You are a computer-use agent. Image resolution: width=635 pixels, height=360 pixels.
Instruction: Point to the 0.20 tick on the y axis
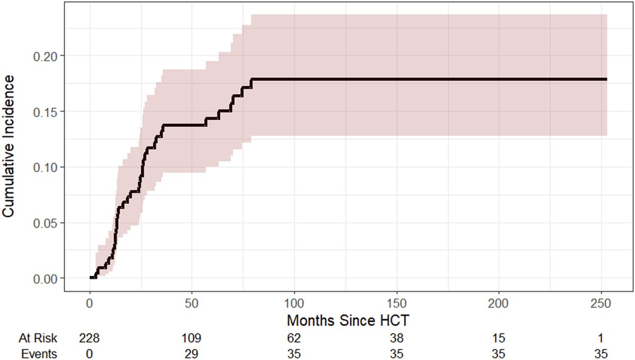tap(48, 56)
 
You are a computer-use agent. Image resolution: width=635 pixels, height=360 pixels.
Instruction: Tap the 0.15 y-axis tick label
tap(48, 111)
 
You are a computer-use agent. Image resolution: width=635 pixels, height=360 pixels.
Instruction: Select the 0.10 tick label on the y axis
tap(48, 167)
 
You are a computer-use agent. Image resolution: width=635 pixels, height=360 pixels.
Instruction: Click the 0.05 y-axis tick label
tap(48, 222)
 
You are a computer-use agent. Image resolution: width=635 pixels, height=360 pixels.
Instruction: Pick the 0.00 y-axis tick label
tap(48, 278)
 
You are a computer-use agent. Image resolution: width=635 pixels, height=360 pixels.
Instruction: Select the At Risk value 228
tap(89, 337)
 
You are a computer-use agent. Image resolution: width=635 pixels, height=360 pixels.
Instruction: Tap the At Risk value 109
tap(192, 337)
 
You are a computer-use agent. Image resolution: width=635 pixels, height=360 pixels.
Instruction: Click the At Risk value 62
tap(294, 337)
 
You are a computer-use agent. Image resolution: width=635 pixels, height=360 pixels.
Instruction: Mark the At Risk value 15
tap(499, 337)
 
